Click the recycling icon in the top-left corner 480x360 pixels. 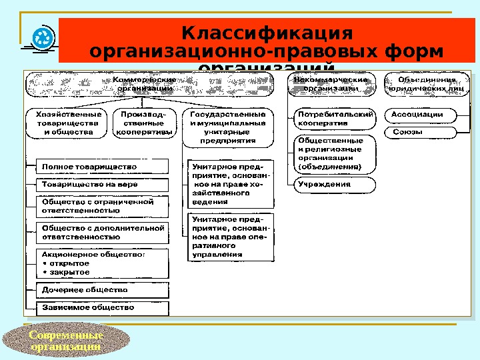[43, 38]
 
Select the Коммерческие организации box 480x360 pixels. [149, 84]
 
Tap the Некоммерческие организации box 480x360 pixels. [331, 84]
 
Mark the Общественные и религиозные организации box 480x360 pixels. [335, 154]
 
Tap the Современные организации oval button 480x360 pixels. [66, 341]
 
